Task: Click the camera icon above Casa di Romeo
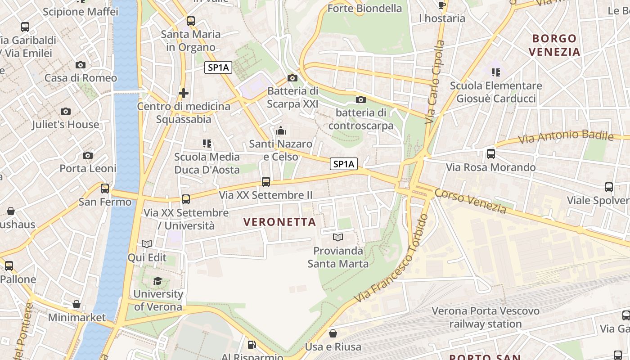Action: coord(81,65)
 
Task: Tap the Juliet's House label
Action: coord(65,125)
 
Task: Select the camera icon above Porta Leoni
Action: coord(88,156)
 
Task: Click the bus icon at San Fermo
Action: coord(105,189)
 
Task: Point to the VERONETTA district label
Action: coord(279,222)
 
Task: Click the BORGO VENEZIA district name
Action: coord(554,45)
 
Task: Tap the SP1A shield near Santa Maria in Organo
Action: coord(218,68)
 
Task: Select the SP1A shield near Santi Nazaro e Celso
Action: coord(344,164)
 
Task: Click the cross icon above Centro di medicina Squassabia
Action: coord(183,93)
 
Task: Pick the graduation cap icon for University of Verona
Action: coord(157,281)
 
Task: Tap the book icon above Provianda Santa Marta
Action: coord(338,237)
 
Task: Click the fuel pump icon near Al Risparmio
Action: coord(252,345)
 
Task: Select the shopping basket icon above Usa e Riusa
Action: coord(333,333)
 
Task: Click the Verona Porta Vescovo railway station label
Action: coord(485,317)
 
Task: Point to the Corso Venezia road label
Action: coord(470,200)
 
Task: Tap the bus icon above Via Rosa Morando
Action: coord(491,154)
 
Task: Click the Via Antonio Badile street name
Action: coord(566,137)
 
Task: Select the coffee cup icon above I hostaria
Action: coord(442,5)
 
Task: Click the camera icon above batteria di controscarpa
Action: coord(360,100)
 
